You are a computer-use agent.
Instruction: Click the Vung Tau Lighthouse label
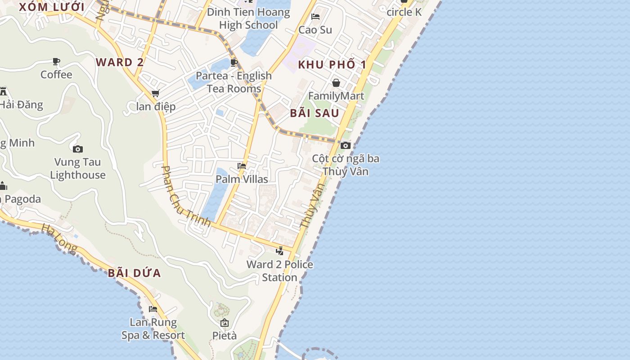[x=78, y=168]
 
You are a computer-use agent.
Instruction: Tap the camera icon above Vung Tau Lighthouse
[x=78, y=149]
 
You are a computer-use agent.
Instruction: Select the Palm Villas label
[x=242, y=179]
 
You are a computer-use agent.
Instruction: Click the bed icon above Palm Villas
[x=242, y=166]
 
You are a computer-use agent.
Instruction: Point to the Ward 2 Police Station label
[x=279, y=270]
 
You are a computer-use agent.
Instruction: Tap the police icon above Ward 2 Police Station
[x=279, y=251]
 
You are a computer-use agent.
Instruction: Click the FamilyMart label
[x=336, y=96]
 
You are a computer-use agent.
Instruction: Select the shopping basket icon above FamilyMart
[x=336, y=83]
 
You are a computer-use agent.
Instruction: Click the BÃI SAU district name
[x=314, y=113]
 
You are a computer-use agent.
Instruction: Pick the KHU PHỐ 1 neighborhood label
[x=332, y=64]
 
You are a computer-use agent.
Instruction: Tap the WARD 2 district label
[x=120, y=62]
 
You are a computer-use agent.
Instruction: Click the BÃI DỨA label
[x=134, y=273]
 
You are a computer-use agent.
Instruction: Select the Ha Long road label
[x=59, y=238]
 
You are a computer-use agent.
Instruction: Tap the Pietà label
[x=224, y=336]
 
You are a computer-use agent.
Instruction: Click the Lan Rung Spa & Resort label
[x=153, y=328]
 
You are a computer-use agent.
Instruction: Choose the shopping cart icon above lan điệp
[x=155, y=94]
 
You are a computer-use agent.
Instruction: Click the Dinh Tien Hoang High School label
[x=248, y=18]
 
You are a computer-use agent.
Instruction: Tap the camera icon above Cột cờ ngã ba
[x=346, y=145]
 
